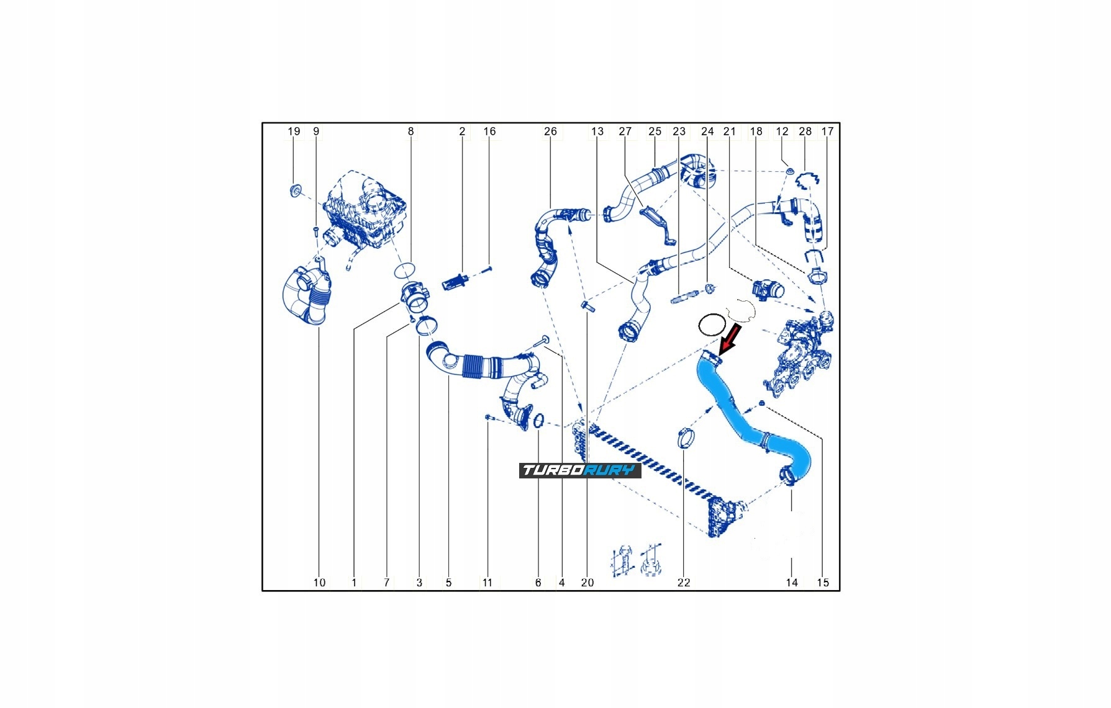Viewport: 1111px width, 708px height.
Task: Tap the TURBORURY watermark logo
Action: tap(580, 470)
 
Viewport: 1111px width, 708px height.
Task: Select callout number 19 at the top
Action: tap(294, 132)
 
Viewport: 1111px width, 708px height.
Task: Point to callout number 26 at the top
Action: tap(550, 132)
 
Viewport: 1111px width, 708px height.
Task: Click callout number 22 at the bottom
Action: tap(683, 582)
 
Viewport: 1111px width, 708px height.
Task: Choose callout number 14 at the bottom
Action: tap(791, 582)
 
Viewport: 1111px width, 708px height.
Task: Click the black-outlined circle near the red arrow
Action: tap(712, 324)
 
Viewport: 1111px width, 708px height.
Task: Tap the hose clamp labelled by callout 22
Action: tap(685, 437)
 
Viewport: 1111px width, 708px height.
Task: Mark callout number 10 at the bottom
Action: tap(319, 582)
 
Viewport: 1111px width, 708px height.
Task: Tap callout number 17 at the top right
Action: tap(827, 132)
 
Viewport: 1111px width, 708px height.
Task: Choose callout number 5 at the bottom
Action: tap(448, 582)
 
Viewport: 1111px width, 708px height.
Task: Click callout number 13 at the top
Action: tap(597, 132)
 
